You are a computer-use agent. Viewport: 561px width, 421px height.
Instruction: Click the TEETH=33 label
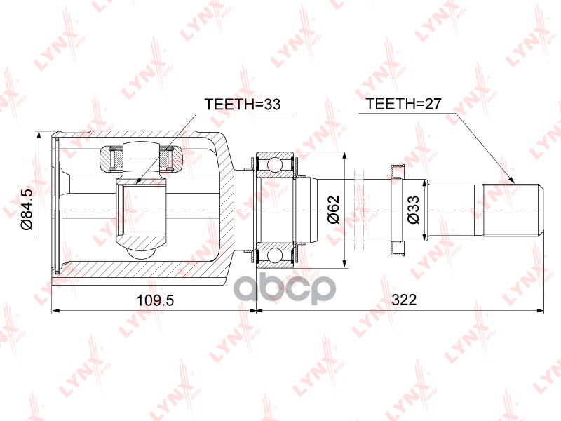(242, 105)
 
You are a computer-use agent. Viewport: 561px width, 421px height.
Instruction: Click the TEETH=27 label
(404, 105)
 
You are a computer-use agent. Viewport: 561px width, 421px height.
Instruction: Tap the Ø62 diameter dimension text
(334, 208)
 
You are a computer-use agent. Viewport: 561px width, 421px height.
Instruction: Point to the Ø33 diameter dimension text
(414, 208)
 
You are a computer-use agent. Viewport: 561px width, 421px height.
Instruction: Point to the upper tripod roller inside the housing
(140, 156)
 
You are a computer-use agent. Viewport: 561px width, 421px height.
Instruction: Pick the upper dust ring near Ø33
(396, 170)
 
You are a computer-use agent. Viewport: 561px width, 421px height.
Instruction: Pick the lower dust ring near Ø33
(396, 248)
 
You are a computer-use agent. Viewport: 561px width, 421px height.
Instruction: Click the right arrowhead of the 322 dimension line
(540, 309)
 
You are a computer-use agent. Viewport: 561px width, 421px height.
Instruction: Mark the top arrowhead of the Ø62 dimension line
(344, 156)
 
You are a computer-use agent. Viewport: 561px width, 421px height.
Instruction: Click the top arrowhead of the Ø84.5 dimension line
(39, 134)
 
